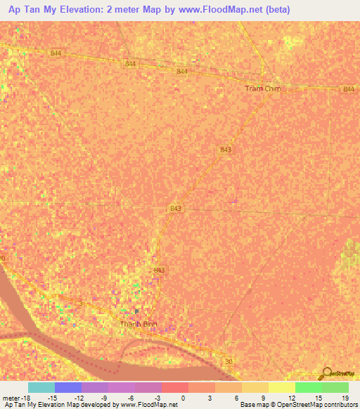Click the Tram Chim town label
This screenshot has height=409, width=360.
pyautogui.click(x=262, y=89)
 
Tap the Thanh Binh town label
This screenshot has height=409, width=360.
pyautogui.click(x=137, y=324)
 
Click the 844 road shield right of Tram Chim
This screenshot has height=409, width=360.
pyautogui.click(x=349, y=89)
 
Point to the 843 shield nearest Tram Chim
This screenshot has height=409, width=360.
pyautogui.click(x=225, y=150)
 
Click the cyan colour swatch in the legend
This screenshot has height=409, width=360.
pyautogui.click(x=41, y=387)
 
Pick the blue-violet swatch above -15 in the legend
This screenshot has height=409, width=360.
pyautogui.click(x=68, y=387)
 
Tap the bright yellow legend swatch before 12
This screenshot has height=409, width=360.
pyautogui.click(x=282, y=387)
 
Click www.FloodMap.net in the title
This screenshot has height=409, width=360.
pyautogui.click(x=216, y=10)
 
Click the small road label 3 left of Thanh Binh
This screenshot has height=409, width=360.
pyautogui.click(x=80, y=303)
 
